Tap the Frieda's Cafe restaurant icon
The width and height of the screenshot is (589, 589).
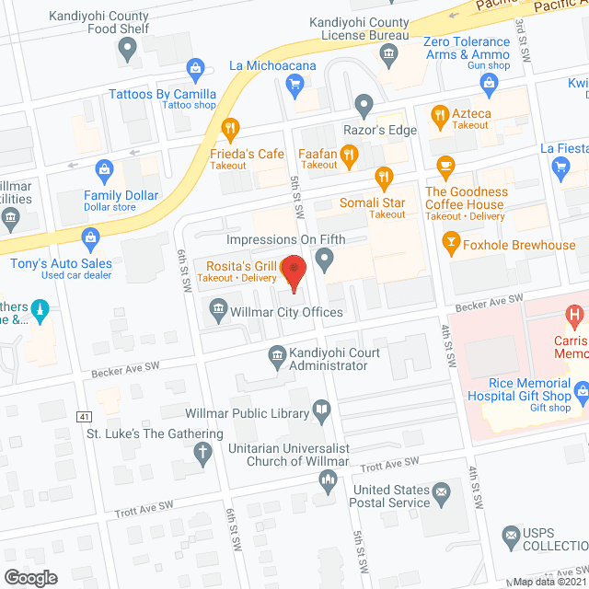230,128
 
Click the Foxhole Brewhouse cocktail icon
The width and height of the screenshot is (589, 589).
451,244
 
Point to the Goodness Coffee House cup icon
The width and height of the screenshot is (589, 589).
445,167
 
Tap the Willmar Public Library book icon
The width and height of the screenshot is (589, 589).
321,411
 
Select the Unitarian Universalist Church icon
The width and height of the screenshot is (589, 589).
327,479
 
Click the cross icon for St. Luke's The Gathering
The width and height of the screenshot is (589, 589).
202,453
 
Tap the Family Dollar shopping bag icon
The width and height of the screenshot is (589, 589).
103,170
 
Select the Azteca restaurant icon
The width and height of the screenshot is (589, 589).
439,115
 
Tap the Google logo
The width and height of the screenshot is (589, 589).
29,577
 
